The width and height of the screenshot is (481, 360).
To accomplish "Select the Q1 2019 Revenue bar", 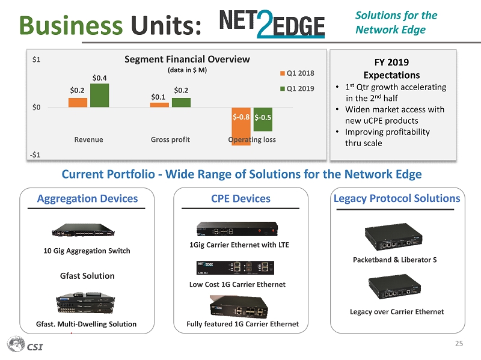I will point(99,96).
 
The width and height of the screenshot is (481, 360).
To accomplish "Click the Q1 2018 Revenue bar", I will point(78,103).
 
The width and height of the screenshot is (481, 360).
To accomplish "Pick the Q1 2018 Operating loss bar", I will point(241,126).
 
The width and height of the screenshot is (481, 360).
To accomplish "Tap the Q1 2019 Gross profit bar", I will point(181,103).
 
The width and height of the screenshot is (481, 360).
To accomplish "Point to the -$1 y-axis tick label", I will point(37,155).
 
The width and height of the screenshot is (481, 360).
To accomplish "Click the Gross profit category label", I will point(170,139).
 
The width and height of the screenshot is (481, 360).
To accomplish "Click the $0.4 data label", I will point(100,78).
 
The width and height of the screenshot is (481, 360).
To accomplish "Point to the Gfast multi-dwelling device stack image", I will point(84,303).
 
